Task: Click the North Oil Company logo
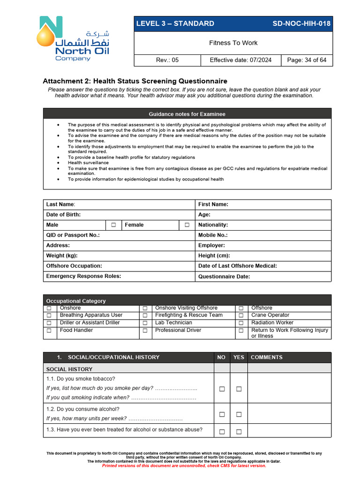(75, 39)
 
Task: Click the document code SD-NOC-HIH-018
(301, 24)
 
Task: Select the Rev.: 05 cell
(167, 60)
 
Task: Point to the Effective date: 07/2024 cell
(241, 60)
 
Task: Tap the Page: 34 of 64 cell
(307, 60)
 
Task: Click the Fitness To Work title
(233, 43)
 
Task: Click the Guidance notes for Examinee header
(187, 114)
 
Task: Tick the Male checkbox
(113, 225)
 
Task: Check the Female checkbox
(187, 225)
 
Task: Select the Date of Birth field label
(63, 215)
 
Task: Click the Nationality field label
(213, 225)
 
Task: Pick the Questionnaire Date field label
(224, 277)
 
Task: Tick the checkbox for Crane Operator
(241, 315)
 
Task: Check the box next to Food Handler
(49, 330)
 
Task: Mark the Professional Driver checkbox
(145, 330)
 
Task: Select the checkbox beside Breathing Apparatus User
(49, 315)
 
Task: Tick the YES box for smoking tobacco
(239, 389)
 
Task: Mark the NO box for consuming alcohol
(222, 414)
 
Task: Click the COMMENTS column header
(267, 357)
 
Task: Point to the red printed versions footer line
(184, 465)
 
